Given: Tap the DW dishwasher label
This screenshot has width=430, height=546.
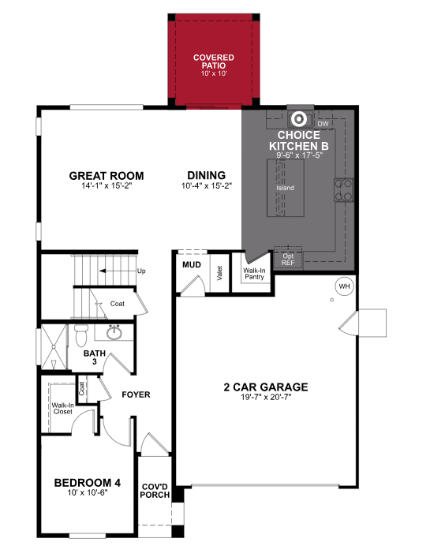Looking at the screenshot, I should coord(322,124).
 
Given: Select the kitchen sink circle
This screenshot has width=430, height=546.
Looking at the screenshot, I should coord(299,120).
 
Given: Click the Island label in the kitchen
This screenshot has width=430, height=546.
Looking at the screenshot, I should coord(285,189).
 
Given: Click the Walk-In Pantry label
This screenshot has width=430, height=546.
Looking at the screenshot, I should coord(253,274).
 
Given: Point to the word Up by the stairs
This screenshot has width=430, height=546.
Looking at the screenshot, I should coord(142,271).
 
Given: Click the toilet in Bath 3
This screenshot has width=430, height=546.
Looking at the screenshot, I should coord(83,337).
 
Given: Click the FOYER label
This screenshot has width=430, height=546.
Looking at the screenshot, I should coord(136,395).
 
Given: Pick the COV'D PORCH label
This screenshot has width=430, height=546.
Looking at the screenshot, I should coord(155,492).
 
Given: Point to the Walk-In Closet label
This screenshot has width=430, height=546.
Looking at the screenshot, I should coord(62,409).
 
